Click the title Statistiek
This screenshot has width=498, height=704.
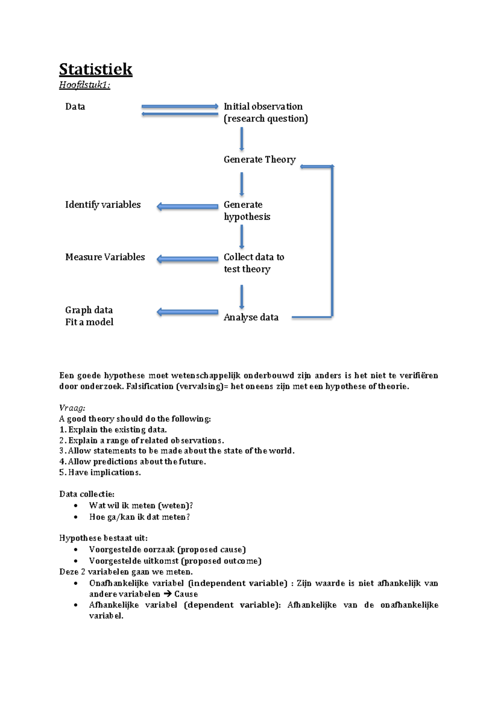[x=95, y=69]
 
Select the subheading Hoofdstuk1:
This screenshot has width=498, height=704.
[x=84, y=85]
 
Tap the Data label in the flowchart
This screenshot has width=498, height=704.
[x=75, y=107]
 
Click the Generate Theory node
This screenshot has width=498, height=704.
[x=259, y=160]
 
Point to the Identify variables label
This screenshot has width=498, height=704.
[x=103, y=205]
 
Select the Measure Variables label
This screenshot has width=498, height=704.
[x=105, y=257]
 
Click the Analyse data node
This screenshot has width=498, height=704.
[x=251, y=318]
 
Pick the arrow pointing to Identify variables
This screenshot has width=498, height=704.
[x=187, y=206]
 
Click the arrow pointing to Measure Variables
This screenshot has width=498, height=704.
[x=187, y=259]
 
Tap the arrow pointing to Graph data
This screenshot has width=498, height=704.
[x=187, y=312]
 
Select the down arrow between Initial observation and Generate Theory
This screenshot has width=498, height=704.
[x=242, y=139]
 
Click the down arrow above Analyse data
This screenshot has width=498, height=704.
[x=242, y=297]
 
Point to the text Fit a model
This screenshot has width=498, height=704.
[x=89, y=322]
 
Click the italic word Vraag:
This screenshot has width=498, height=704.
[x=72, y=408]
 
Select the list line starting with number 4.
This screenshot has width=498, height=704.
[x=133, y=461]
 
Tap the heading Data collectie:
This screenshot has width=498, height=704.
[x=87, y=494]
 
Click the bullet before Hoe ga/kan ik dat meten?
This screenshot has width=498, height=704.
[x=76, y=517]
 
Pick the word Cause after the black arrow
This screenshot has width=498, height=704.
[x=186, y=594]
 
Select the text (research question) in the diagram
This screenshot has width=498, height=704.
[x=266, y=119]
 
